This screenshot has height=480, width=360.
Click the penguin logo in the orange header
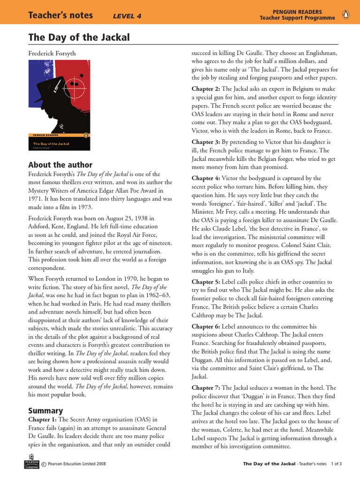point(346,15)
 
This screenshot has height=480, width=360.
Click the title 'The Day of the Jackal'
point(79,37)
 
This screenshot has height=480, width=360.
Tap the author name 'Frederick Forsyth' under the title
point(52,54)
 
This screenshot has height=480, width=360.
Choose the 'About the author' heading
point(60,165)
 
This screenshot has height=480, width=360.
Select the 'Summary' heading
point(45,411)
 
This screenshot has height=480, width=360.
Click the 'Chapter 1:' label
point(43,420)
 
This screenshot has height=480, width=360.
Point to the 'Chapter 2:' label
point(206,89)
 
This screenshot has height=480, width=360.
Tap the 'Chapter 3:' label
point(206,142)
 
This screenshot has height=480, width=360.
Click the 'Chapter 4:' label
point(206,178)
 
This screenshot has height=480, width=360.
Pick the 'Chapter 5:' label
point(206,282)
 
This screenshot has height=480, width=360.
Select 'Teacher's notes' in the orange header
point(61,15)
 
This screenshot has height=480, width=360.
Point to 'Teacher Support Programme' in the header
point(298,18)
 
